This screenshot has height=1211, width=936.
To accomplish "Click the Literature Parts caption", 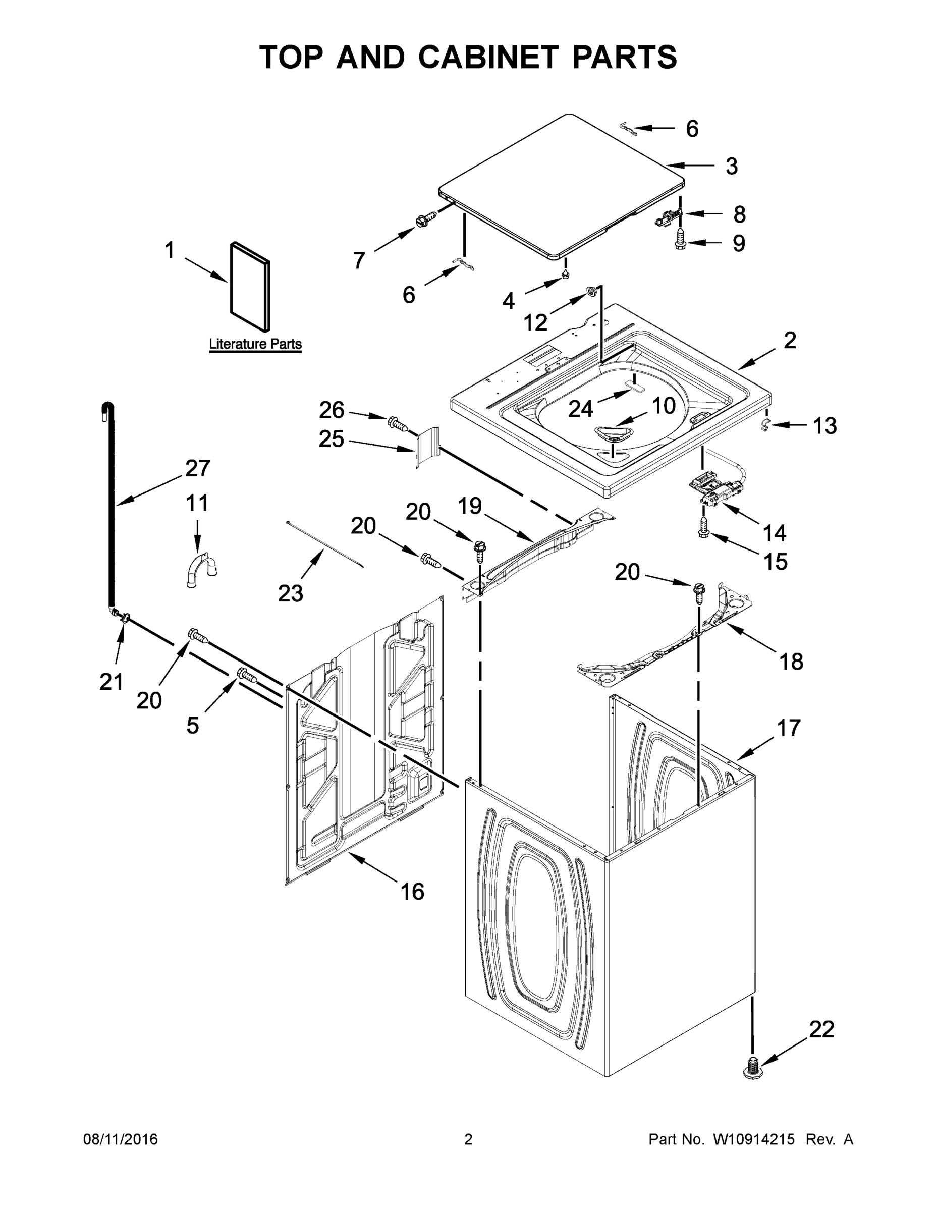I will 255,344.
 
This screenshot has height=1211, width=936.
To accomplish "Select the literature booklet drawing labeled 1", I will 251,286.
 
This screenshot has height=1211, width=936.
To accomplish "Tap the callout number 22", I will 821,1030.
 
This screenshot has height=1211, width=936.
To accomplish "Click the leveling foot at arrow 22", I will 752,1067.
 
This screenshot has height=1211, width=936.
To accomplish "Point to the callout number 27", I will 197,469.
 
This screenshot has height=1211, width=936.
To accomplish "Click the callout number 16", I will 412,892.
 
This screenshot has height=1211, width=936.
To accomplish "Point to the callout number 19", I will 470,506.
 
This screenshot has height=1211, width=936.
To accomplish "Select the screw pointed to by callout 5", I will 247,675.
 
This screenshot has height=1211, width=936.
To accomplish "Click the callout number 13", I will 824,426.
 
